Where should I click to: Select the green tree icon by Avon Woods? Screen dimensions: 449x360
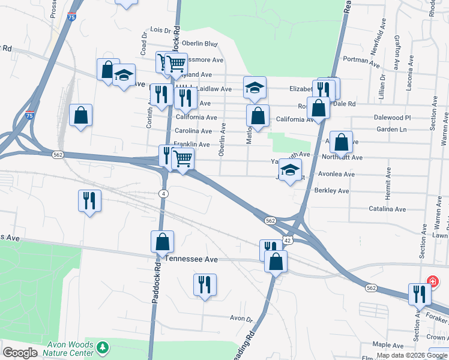103,347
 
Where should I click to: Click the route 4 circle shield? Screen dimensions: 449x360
163,193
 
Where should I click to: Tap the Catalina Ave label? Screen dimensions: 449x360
387,209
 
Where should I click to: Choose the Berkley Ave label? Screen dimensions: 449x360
331,191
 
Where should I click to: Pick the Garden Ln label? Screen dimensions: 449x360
391,130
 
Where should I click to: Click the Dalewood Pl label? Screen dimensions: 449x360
392,118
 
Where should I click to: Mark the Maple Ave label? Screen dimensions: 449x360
387,345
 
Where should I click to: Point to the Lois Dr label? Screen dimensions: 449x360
160,29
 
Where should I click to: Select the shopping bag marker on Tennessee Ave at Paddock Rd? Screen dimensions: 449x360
162,242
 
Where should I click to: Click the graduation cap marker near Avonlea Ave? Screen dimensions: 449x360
291,170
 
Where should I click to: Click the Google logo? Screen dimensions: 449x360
20,353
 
